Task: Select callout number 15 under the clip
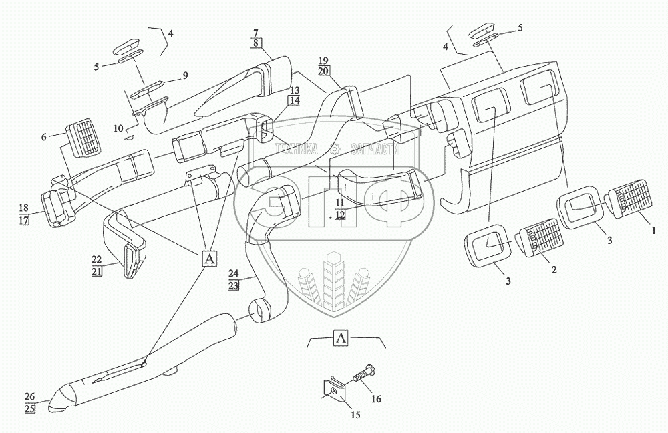355,415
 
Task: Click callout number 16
375,399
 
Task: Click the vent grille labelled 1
625,202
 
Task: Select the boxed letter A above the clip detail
341,338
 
